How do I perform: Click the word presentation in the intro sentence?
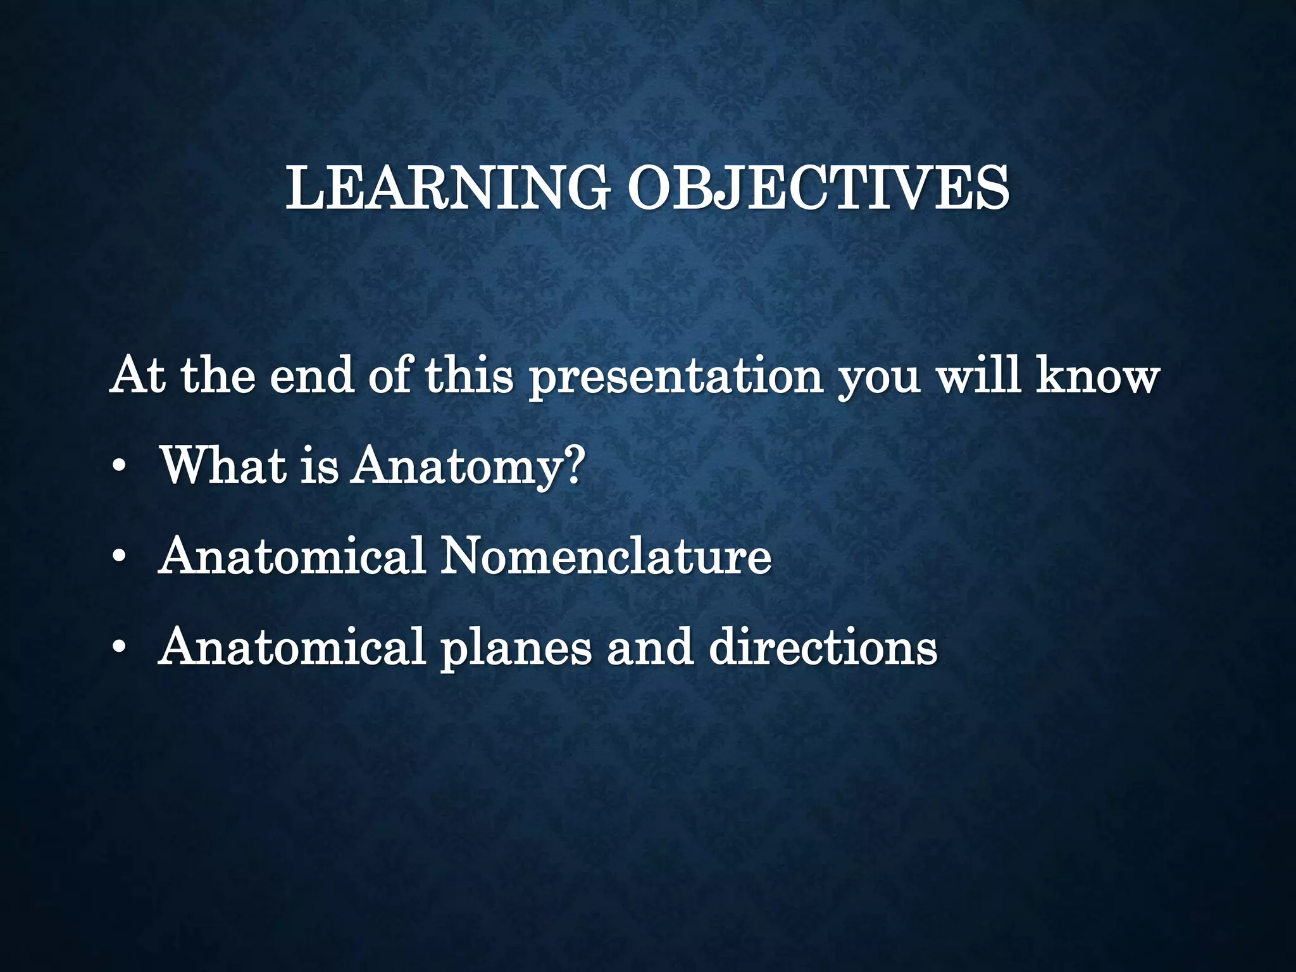[675, 377]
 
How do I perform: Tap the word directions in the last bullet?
[823, 647]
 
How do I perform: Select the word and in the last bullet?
[650, 647]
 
